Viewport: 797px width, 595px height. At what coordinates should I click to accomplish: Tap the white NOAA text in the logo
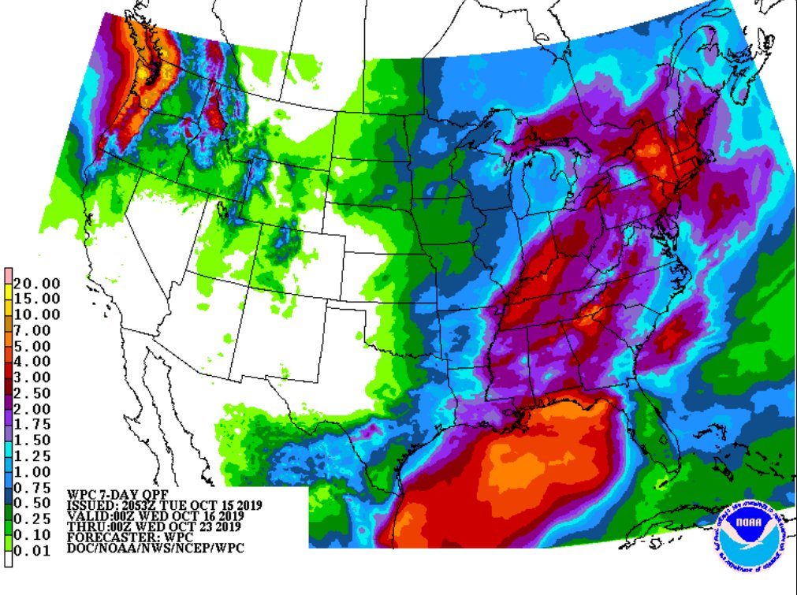(752, 522)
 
